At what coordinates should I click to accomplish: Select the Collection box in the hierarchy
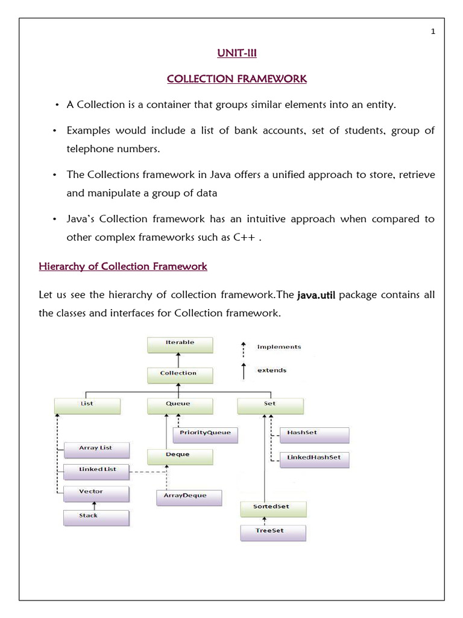click(x=180, y=375)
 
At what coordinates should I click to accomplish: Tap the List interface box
click(x=87, y=405)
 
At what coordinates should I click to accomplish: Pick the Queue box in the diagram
click(x=180, y=405)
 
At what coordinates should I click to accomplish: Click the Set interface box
click(x=269, y=405)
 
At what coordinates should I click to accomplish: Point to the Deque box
click(x=180, y=456)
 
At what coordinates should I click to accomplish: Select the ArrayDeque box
click(x=189, y=497)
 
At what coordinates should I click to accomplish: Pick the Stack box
click(x=96, y=517)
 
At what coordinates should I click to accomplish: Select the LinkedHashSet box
click(x=314, y=459)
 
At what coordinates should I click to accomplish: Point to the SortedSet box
click(x=273, y=508)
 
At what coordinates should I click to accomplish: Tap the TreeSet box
click(x=273, y=532)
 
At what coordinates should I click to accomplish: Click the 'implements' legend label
click(x=279, y=347)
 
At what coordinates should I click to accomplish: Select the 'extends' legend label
click(x=272, y=370)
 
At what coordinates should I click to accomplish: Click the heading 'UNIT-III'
click(x=236, y=54)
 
